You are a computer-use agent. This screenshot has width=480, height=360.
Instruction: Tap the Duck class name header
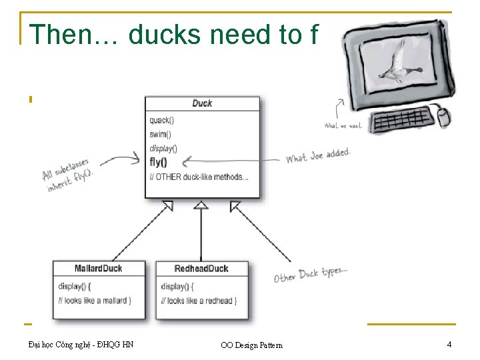tap(202, 103)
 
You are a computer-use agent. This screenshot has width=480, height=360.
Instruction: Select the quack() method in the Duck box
tap(161, 121)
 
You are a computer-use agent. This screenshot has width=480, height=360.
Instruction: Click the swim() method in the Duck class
tap(160, 134)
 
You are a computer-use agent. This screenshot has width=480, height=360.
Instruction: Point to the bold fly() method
tap(159, 162)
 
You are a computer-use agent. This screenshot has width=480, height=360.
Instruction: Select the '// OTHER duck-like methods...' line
tap(199, 177)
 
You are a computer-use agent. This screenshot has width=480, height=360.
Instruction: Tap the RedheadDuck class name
tap(201, 269)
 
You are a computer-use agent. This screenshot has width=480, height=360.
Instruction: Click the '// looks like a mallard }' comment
tap(95, 301)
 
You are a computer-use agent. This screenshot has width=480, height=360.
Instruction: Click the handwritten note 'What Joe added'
tap(318, 155)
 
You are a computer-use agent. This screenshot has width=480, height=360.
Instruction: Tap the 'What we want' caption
tap(343, 126)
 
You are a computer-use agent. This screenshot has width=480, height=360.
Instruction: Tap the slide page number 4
tap(449, 345)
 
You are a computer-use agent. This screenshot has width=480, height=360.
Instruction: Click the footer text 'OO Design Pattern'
tap(251, 345)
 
